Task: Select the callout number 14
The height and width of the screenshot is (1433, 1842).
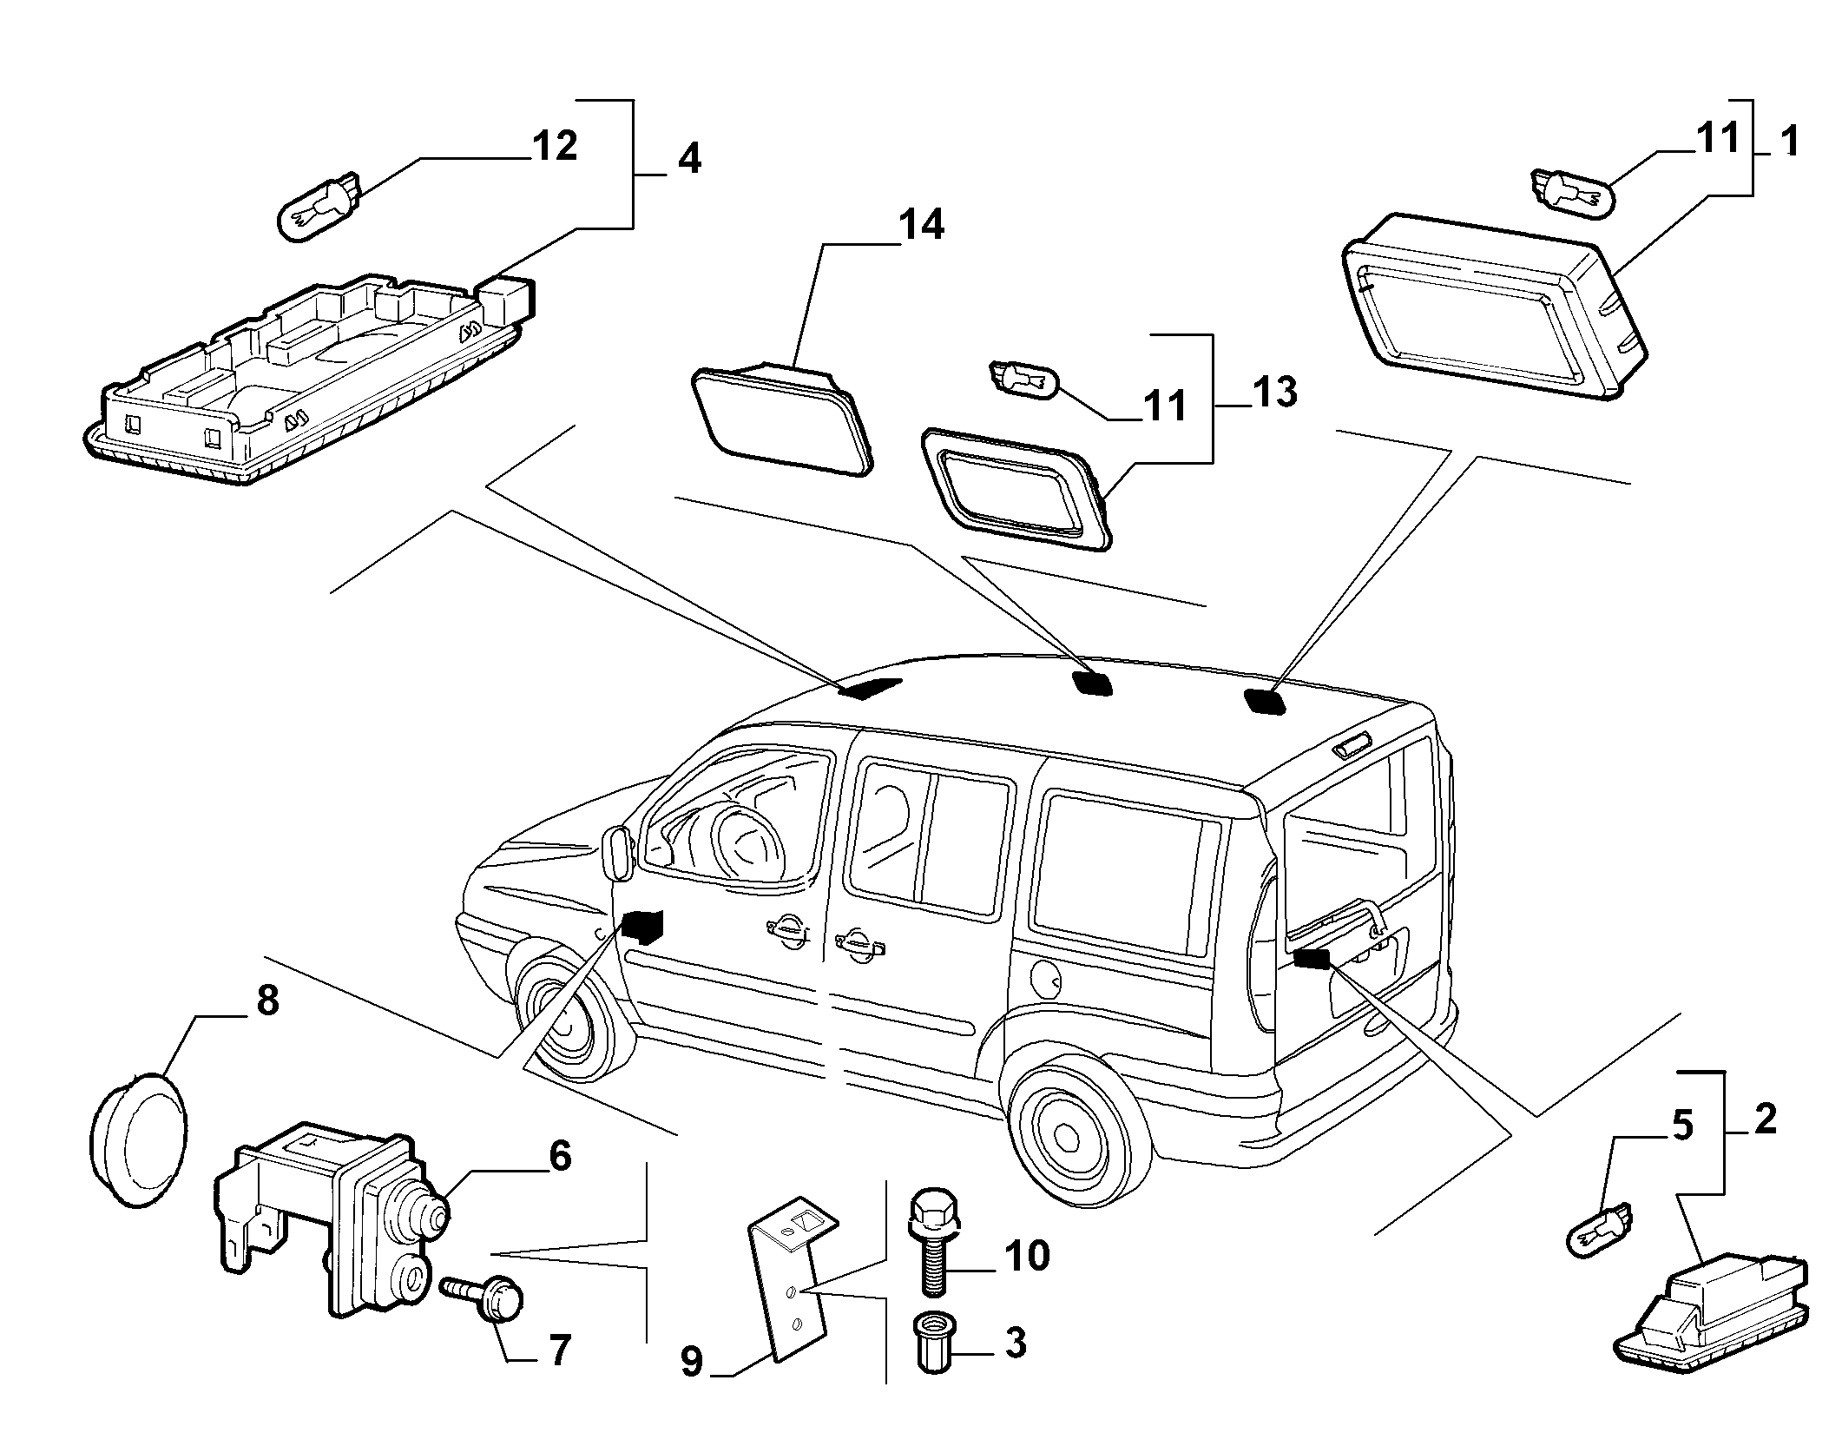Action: click(921, 225)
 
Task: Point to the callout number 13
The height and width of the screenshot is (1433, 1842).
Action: click(1275, 393)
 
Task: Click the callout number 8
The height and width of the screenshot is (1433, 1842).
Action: click(267, 1000)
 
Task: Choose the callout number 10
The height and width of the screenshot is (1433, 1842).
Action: click(1027, 1256)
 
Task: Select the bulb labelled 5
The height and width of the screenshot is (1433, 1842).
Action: click(1597, 1234)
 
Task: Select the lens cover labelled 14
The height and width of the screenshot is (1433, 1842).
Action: click(781, 419)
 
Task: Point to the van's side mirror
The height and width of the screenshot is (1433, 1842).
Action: click(617, 854)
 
